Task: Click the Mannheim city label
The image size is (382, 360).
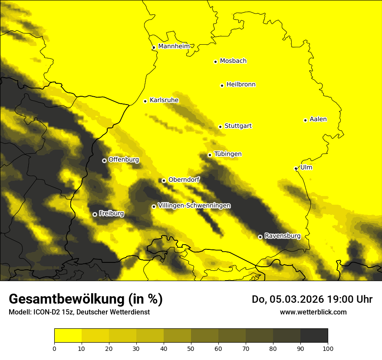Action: pos(174,46)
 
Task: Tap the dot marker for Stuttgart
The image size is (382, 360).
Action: pos(220,127)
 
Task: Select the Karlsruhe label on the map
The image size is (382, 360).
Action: pos(164,100)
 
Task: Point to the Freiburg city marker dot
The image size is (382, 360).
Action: pos(95,214)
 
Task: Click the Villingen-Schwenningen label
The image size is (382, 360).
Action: pos(194,206)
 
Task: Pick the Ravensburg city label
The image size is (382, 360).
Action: pos(282,236)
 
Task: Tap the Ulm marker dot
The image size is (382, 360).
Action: pos(296,168)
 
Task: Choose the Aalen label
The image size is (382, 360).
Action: pos(318,119)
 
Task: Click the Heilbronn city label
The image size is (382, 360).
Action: pos(241,85)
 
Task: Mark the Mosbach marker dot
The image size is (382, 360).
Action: pos(215,62)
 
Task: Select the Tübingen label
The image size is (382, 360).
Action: pos(227,154)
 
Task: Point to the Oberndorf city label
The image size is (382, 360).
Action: pos(184,180)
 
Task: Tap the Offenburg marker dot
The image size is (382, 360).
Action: pos(104,160)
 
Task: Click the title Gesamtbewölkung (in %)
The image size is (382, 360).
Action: pos(86,299)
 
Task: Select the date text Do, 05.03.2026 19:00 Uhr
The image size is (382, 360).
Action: pos(312,299)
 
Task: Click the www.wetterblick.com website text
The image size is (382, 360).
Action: pos(313,312)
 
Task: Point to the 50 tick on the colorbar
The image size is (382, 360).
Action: pos(191,348)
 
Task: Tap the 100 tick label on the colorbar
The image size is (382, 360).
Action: pos(328,348)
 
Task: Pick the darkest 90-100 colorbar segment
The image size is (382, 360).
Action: pos(314,336)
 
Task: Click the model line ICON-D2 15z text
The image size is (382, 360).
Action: pos(79,312)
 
